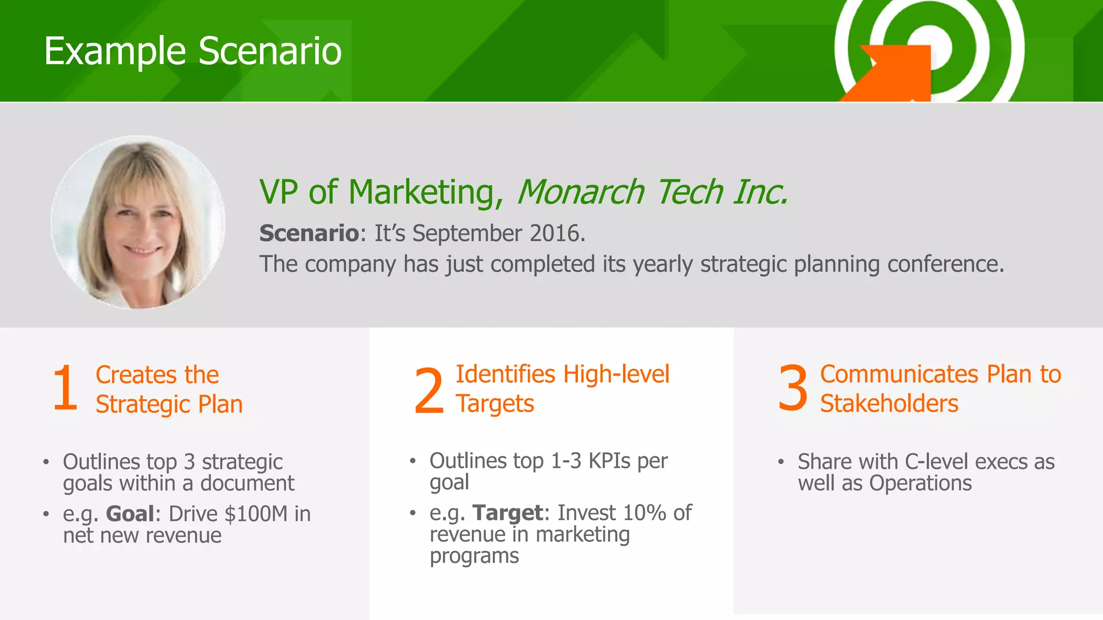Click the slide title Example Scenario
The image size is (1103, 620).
pyautogui.click(x=193, y=52)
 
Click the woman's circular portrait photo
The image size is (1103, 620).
pyautogui.click(x=138, y=222)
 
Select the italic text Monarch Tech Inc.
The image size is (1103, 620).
pyautogui.click(x=652, y=192)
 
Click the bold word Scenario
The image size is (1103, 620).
pyautogui.click(x=309, y=234)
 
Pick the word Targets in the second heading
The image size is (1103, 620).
pyautogui.click(x=494, y=404)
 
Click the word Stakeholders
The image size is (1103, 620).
pyautogui.click(x=889, y=404)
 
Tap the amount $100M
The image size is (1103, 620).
pyautogui.click(x=256, y=514)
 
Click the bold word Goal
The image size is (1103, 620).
pyautogui.click(x=130, y=514)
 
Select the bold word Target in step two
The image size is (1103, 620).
pyautogui.click(x=507, y=513)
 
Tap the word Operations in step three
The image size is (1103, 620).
pyautogui.click(x=920, y=483)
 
